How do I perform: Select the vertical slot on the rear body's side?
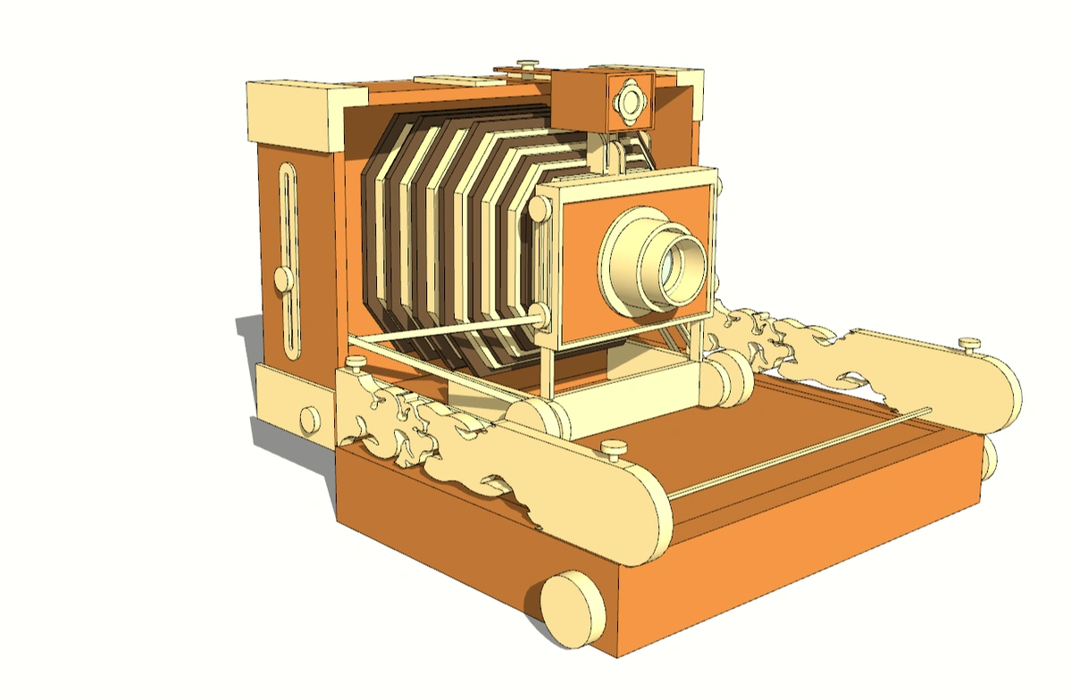(x=289, y=259)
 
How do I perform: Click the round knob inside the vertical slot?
(x=282, y=279)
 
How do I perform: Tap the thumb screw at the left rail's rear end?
(x=356, y=363)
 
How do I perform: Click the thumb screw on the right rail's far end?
(x=969, y=344)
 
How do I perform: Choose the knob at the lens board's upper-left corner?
(x=540, y=208)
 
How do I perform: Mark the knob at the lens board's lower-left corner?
(x=540, y=315)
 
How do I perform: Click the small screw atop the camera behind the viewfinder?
(x=529, y=65)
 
